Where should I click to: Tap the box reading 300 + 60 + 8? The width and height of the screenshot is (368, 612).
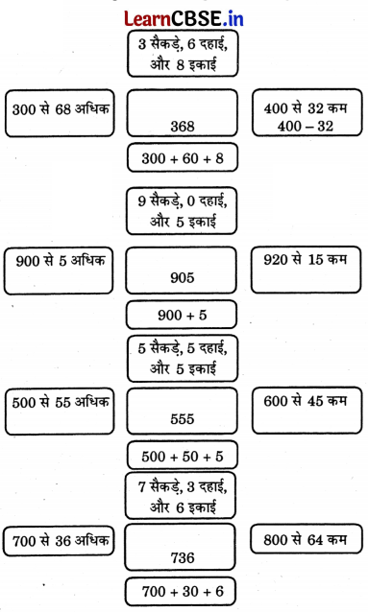coord(182,156)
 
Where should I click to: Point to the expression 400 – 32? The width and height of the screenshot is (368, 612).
coord(307,126)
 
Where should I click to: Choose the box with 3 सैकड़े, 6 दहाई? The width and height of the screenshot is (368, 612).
coord(182,53)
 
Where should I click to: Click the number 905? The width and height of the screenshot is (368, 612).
coord(182,278)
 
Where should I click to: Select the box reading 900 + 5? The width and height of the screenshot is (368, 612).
coord(182,314)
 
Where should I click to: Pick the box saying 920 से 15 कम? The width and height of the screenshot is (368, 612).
coord(307,271)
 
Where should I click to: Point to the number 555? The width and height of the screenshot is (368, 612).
coord(182,419)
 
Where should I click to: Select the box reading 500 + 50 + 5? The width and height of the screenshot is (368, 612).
coord(182,455)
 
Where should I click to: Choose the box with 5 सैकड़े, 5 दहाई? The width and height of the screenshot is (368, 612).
coord(182,358)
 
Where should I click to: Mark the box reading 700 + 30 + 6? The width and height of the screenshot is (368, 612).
coord(182,590)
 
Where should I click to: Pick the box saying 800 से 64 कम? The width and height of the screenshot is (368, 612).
coord(307,543)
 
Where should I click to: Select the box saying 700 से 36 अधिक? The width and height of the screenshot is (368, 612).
coord(58,543)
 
